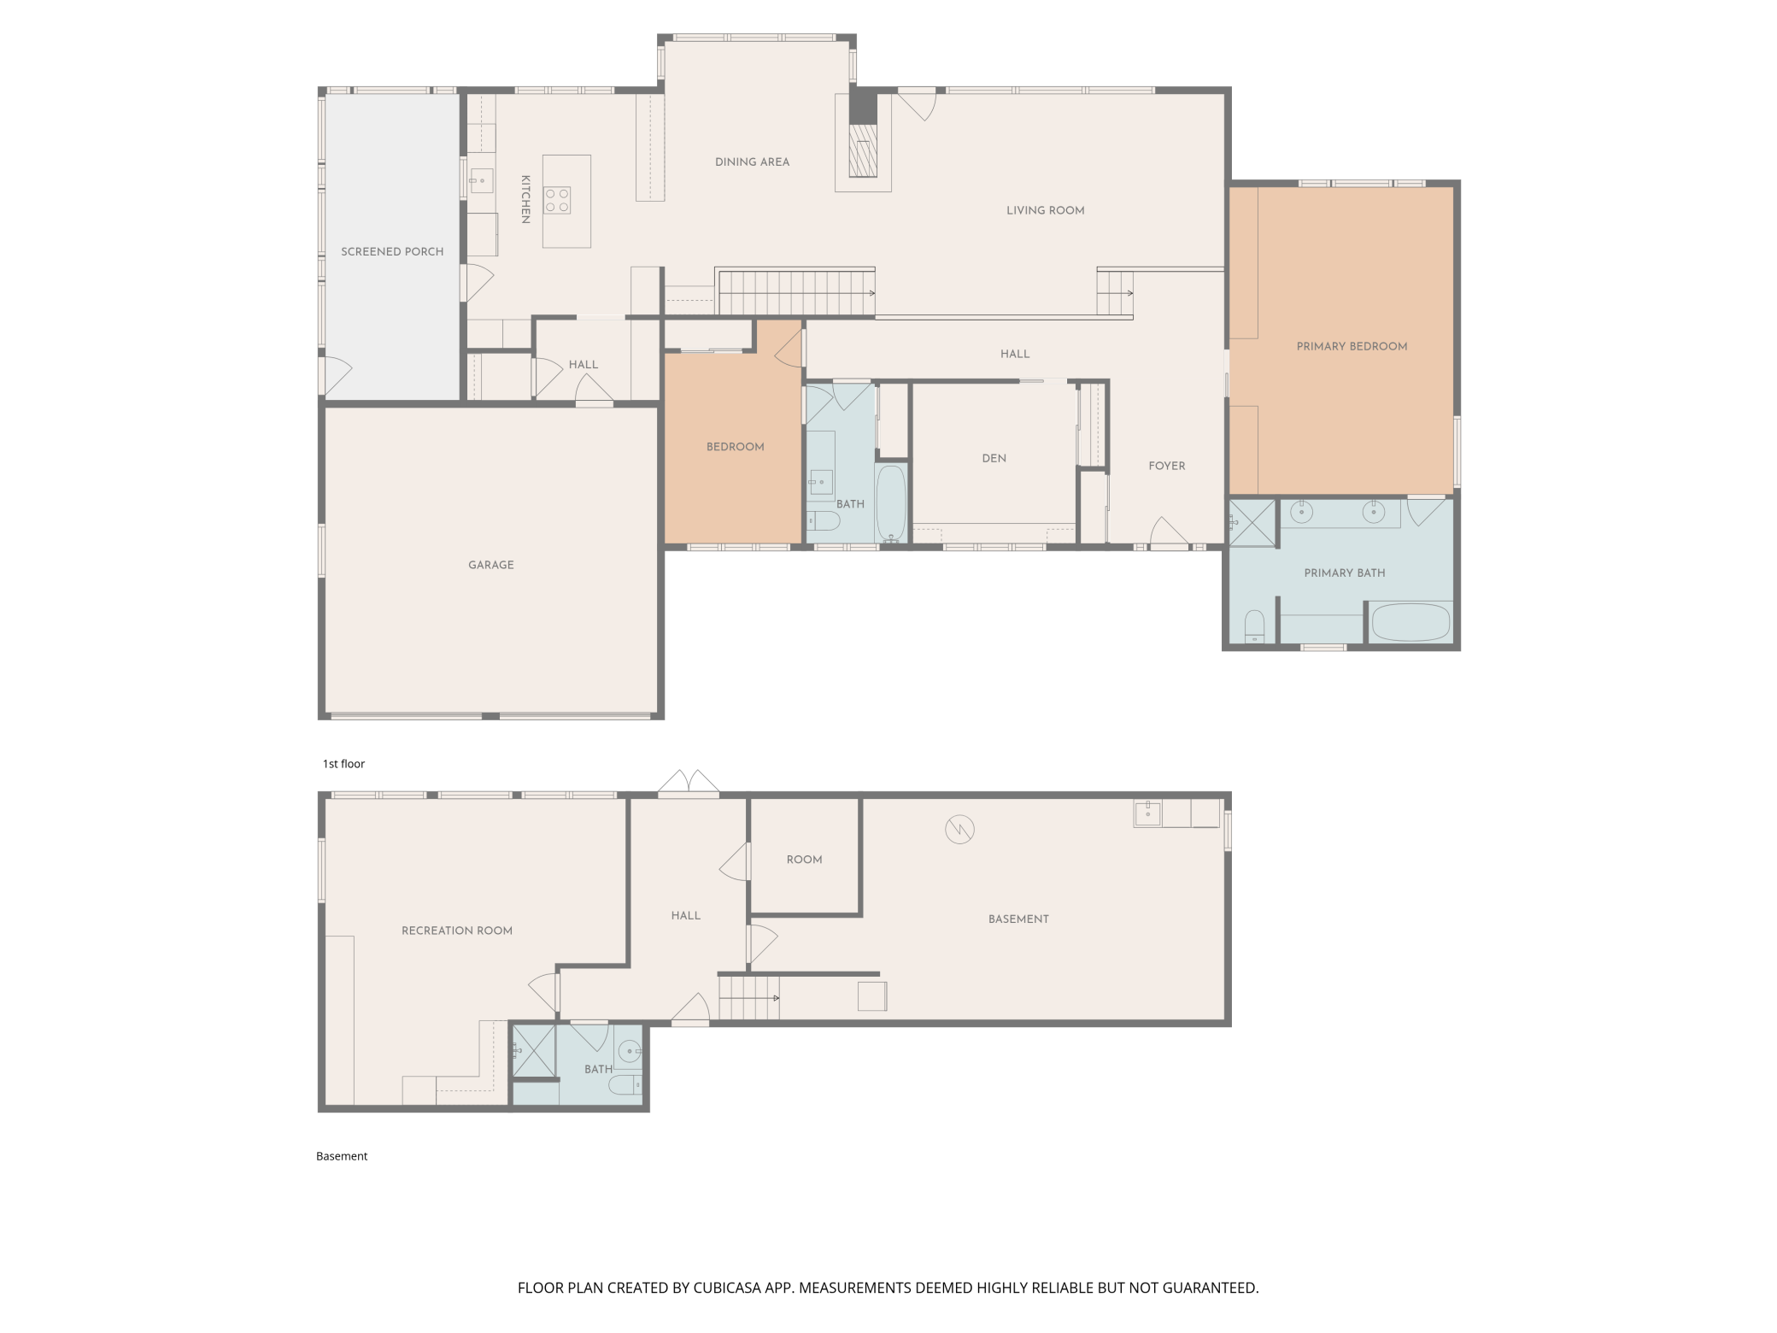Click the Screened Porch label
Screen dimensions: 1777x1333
click(x=392, y=252)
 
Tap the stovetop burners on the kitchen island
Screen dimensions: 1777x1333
click(x=558, y=200)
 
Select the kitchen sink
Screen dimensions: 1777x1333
click(x=482, y=181)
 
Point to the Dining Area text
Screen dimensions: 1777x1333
click(x=752, y=162)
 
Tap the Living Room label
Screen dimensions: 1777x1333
click(x=1045, y=211)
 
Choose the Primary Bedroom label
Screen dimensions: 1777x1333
click(x=1352, y=347)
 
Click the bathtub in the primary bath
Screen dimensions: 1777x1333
click(x=1410, y=623)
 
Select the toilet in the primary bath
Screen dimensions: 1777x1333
click(x=1254, y=625)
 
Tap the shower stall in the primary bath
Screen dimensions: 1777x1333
click(x=1252, y=524)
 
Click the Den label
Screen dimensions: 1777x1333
click(x=994, y=459)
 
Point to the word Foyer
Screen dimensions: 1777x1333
click(x=1167, y=467)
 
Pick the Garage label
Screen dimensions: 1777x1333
click(x=491, y=566)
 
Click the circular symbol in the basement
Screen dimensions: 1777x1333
click(x=960, y=829)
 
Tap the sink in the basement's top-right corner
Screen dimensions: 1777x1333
click(x=1147, y=813)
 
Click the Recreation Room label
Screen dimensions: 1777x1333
click(x=457, y=931)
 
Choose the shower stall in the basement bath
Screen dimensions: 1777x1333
click(x=533, y=1052)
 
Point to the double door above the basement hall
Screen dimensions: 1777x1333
click(x=689, y=784)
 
